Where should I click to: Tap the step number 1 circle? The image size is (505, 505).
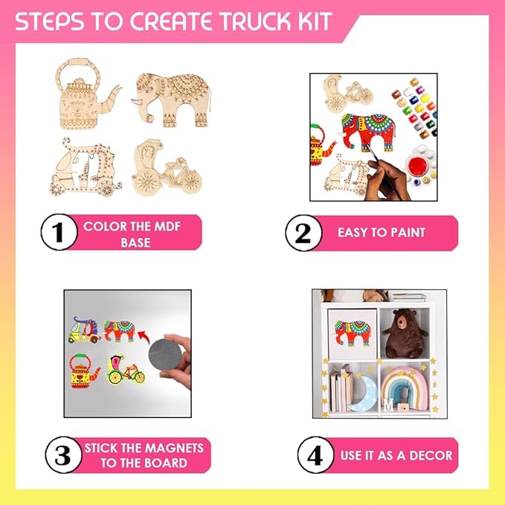(x=59, y=232)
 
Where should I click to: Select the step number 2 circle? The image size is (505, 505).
(x=303, y=233)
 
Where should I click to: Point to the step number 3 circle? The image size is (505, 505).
(x=63, y=454)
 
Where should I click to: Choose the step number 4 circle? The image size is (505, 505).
(x=315, y=454)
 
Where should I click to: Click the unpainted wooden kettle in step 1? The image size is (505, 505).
(x=87, y=94)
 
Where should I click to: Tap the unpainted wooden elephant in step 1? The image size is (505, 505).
(x=171, y=100)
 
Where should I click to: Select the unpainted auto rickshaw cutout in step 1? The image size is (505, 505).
(x=86, y=167)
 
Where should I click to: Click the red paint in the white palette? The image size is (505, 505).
(x=417, y=165)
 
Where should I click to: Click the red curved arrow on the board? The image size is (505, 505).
(x=144, y=337)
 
